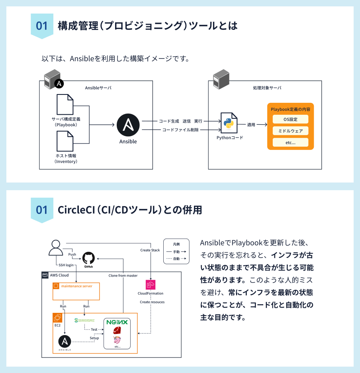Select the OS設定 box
[x=290, y=120]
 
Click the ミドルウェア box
[x=290, y=131]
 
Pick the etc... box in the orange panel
[x=290, y=142]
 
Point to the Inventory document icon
[x=65, y=141]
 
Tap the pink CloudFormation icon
[x=151, y=285]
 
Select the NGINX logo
[x=117, y=322]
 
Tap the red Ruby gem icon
[x=117, y=330]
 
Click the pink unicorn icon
[x=117, y=340]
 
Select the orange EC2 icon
[x=58, y=318]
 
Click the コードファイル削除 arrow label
[x=180, y=130]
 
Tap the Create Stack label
[x=150, y=250]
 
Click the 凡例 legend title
[x=176, y=244]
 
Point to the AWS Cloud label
[x=59, y=275]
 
